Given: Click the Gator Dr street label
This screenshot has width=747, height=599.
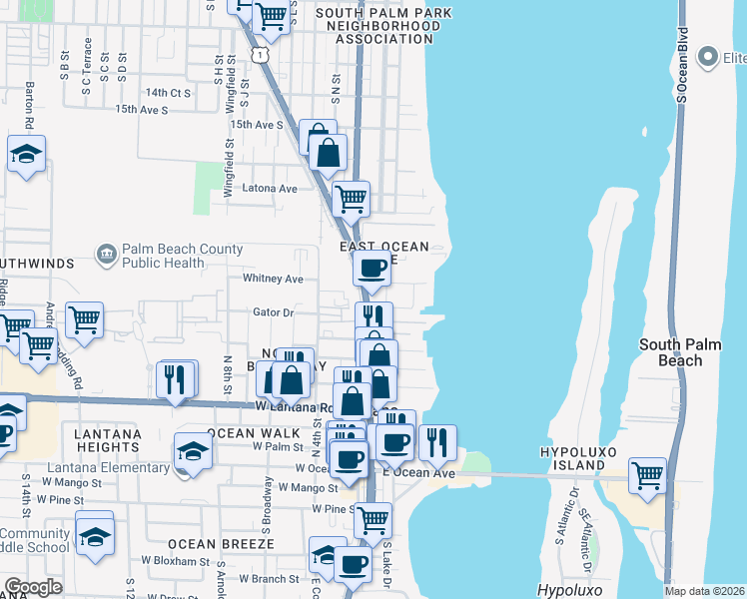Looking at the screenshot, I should pos(273,312).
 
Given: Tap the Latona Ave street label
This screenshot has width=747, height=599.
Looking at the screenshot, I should pos(274,188).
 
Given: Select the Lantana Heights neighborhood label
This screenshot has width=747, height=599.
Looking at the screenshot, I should pos(107,441).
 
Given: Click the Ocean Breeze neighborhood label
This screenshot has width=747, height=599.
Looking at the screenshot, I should pos(221,544).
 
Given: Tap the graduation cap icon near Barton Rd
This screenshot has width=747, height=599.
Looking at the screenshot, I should pos(26,154).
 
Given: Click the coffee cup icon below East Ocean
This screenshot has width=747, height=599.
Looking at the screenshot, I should pos(373,268).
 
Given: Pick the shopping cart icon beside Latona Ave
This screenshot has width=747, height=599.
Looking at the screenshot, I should pos(351,198).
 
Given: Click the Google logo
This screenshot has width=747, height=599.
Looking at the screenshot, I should pos(33,587).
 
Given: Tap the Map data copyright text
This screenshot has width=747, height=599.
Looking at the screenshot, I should pos(705,590).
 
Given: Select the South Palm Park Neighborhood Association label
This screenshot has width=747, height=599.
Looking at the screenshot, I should pos(383,26).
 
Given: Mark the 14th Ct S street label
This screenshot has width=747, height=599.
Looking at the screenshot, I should pos(168,92).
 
